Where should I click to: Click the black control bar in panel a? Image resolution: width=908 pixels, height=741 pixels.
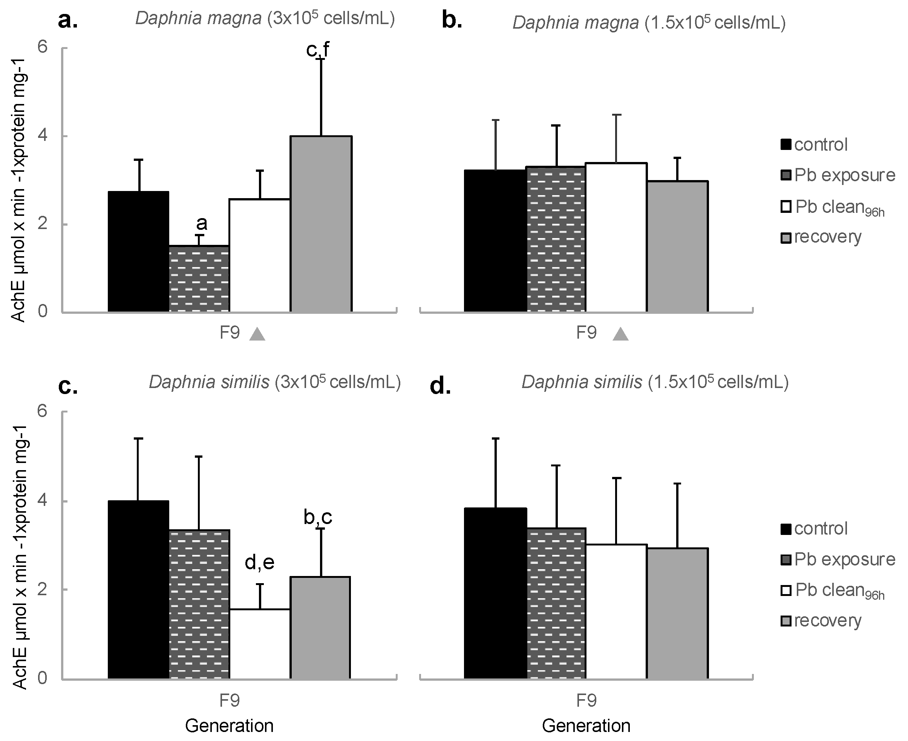click(x=138, y=252)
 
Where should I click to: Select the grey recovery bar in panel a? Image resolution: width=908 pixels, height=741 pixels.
click(x=321, y=224)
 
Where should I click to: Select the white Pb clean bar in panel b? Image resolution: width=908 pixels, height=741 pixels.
click(x=616, y=237)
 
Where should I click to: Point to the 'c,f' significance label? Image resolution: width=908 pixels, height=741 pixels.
click(x=318, y=50)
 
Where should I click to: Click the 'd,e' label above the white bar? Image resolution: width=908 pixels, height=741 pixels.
click(x=260, y=562)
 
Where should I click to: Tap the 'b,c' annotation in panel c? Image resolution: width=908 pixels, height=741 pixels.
click(x=318, y=517)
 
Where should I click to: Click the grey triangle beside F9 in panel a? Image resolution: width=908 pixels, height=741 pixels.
click(x=257, y=334)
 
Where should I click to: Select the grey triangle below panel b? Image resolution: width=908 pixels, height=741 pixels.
click(x=620, y=334)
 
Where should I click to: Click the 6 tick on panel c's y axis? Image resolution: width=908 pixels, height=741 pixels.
click(x=42, y=411)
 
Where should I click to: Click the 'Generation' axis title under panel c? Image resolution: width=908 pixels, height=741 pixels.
click(x=229, y=726)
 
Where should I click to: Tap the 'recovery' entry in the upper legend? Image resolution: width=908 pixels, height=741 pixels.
click(x=827, y=237)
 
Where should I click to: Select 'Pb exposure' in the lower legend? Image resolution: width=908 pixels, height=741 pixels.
click(x=844, y=559)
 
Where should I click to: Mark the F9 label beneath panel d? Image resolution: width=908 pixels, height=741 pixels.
click(x=586, y=700)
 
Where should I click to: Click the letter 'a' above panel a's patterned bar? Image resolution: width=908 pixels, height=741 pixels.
click(x=202, y=223)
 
